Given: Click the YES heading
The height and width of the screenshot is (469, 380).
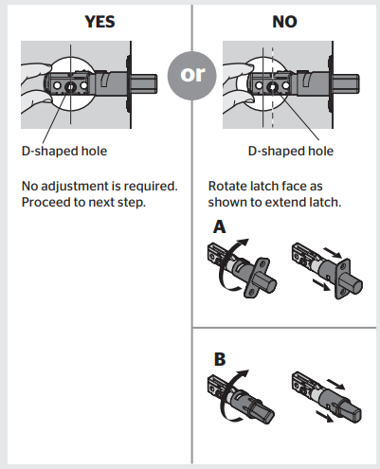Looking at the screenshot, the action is pyautogui.click(x=100, y=22).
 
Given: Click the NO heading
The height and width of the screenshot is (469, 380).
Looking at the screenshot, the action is pyautogui.click(x=284, y=22).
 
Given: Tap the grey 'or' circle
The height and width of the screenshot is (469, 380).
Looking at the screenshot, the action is pyautogui.click(x=192, y=76).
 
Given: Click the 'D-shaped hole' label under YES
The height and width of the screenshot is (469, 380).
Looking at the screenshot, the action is pyautogui.click(x=64, y=151).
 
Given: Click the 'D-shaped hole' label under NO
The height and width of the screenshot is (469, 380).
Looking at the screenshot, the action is pyautogui.click(x=291, y=151).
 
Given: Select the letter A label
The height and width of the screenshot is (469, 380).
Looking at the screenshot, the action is pyautogui.click(x=220, y=226).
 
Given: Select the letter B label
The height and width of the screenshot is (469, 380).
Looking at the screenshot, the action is pyautogui.click(x=220, y=359).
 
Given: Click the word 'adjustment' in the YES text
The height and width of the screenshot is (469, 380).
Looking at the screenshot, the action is pyautogui.click(x=81, y=187).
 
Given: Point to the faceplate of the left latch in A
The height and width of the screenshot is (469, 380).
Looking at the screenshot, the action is pyautogui.click(x=258, y=278).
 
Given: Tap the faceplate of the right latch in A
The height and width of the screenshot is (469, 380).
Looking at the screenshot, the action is pyautogui.click(x=342, y=279).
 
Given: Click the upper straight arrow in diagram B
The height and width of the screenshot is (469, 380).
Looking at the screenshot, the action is pyautogui.click(x=335, y=385).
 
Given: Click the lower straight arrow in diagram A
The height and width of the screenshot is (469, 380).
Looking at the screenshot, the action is pyautogui.click(x=322, y=284).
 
